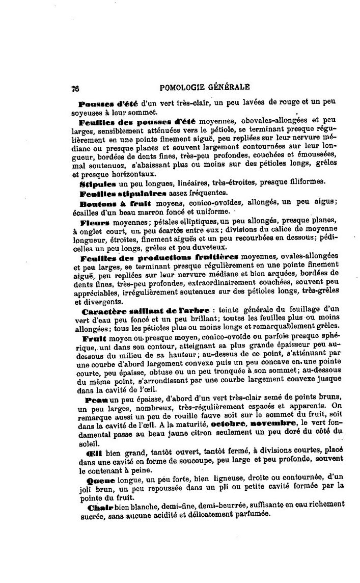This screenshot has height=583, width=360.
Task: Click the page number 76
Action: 75,87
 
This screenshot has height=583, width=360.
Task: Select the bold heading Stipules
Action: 98,183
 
